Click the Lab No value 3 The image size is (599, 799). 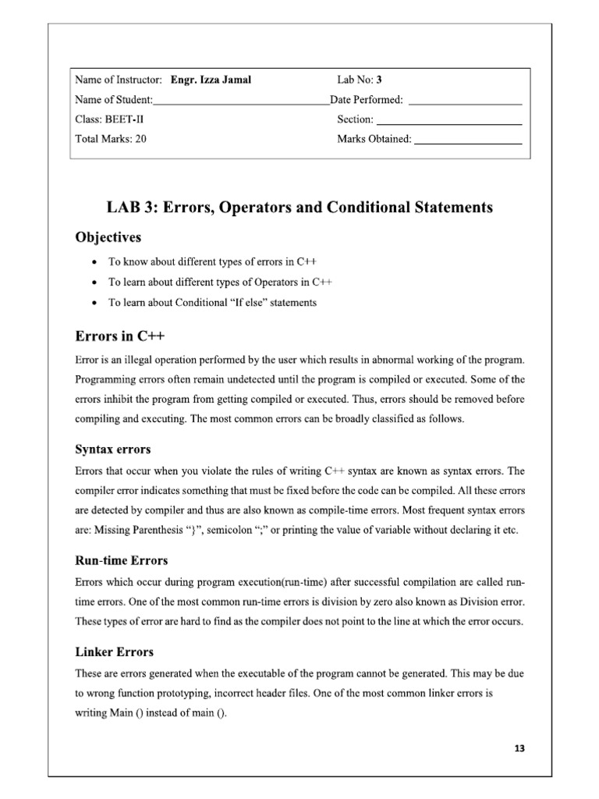tap(379, 80)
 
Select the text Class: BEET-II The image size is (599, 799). tap(109, 120)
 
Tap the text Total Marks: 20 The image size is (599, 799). tap(111, 140)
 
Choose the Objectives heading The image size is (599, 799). tap(108, 236)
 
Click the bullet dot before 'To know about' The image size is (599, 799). tap(94, 262)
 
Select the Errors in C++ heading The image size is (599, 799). tap(120, 336)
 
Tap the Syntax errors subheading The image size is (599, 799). tap(112, 449)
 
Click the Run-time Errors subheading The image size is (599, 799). tap(121, 560)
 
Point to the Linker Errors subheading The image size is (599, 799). tap(114, 652)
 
